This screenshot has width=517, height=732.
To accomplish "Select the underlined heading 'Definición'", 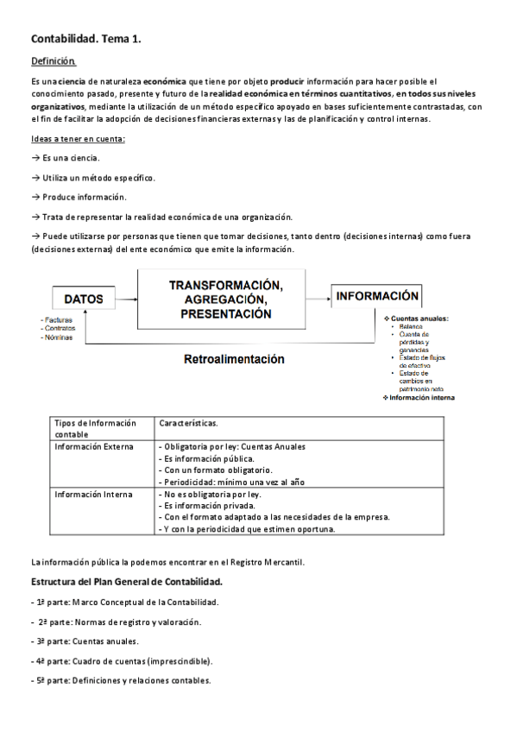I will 53,61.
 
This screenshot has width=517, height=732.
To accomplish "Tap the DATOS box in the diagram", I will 83,299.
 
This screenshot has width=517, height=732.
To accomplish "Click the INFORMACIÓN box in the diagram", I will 377,295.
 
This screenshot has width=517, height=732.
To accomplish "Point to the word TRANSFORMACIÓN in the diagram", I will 226,284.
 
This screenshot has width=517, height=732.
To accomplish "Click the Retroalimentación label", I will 234,359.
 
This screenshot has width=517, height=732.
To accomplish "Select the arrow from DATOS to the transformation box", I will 127,299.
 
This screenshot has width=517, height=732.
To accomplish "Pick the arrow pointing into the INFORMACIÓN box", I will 319,295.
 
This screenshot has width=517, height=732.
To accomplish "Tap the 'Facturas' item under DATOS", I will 59,320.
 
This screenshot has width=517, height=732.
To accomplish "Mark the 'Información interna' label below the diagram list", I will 421,398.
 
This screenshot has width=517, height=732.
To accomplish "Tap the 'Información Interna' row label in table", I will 93,495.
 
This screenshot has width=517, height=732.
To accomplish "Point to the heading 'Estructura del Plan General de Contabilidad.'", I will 127,582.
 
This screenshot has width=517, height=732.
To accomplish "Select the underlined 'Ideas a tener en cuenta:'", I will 78,139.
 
